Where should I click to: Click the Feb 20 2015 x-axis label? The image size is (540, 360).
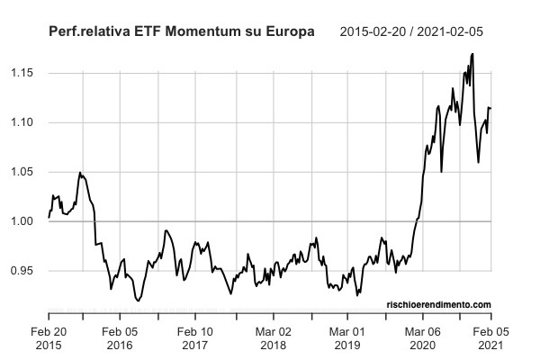(49, 338)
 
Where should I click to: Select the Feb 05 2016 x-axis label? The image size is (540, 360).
(120, 338)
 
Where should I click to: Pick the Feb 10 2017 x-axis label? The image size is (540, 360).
(195, 338)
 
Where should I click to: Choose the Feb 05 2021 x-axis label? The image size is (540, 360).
(490, 338)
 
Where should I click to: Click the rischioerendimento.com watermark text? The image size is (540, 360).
(440, 304)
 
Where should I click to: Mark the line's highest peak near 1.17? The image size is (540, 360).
(472, 54)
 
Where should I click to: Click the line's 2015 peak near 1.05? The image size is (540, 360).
(80, 172)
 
